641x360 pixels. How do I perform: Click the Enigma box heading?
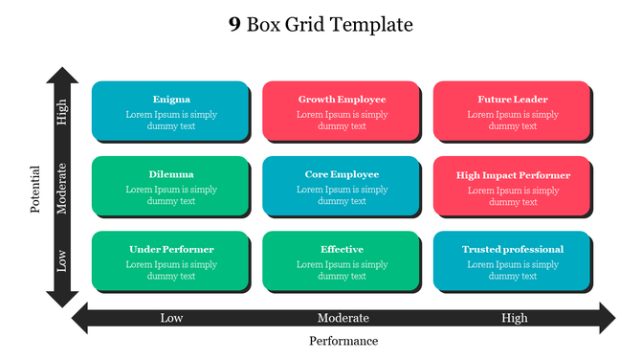(171, 100)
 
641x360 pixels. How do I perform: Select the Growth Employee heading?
(342, 100)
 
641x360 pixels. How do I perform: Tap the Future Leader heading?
(513, 100)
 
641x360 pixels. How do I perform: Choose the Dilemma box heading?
(171, 174)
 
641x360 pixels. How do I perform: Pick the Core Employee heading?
(342, 174)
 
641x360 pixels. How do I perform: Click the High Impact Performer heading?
(513, 175)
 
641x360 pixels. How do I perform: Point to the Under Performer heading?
(171, 250)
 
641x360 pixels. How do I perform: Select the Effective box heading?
(342, 250)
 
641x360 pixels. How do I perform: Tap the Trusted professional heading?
(513, 250)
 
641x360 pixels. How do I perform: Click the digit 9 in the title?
(234, 25)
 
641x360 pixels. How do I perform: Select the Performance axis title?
(343, 341)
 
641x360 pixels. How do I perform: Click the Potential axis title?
(35, 189)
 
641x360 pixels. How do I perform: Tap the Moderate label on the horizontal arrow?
(343, 318)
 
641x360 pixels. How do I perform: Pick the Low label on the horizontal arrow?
(171, 318)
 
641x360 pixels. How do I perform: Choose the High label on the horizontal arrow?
(514, 318)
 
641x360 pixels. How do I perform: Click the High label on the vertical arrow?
(63, 114)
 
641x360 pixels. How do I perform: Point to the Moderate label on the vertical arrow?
(63, 189)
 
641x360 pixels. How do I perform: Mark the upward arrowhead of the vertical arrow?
(63, 77)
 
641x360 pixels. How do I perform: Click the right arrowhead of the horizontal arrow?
(606, 318)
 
